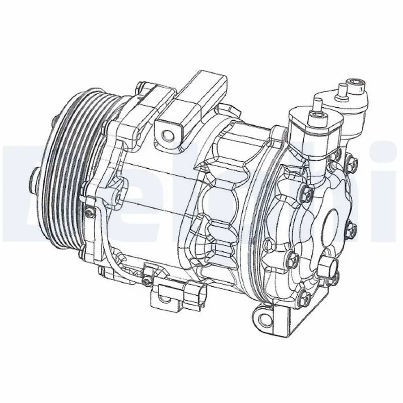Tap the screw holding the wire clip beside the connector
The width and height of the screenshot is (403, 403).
coord(147,279)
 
